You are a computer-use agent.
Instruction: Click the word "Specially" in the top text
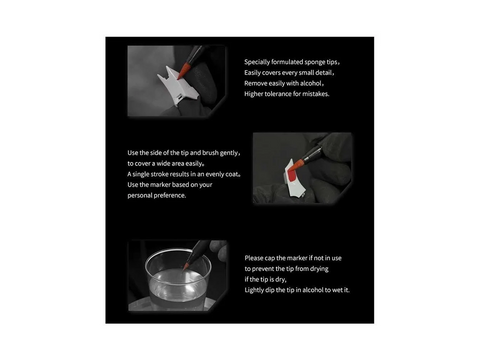(x=257, y=62)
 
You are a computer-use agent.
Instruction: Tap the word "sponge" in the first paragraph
(x=315, y=62)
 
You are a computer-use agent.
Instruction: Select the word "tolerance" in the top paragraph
(x=278, y=94)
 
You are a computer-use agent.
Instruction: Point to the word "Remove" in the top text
(x=255, y=83)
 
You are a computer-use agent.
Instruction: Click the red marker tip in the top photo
(x=184, y=70)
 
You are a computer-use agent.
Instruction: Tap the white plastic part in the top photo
(x=178, y=86)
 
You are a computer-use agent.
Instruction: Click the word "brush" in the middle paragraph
(x=210, y=153)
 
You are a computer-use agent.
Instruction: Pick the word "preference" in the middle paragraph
(x=171, y=195)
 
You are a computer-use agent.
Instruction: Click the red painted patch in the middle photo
(x=292, y=176)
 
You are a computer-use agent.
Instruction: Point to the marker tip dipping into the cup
(x=186, y=266)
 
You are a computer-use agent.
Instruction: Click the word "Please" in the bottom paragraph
(x=254, y=258)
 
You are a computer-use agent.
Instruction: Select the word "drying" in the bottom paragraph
(x=319, y=269)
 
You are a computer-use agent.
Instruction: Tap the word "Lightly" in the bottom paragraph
(x=254, y=290)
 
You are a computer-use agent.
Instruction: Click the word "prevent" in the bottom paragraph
(x=263, y=269)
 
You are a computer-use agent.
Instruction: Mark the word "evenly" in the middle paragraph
(x=215, y=174)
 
